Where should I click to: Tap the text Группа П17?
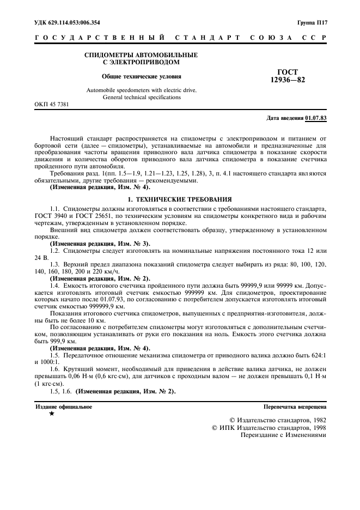(x=312, y=23)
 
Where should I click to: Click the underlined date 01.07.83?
(x=316, y=118)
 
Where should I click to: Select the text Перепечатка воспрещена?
(x=295, y=407)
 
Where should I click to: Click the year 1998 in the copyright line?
(x=315, y=428)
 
